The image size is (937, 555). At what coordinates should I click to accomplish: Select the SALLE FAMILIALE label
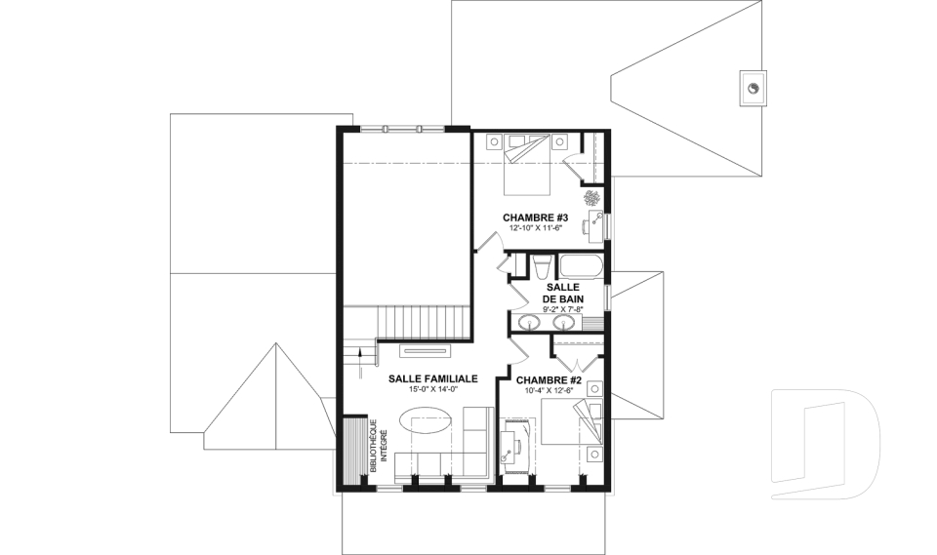[432, 378]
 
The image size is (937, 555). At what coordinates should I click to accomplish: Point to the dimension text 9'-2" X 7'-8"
[563, 309]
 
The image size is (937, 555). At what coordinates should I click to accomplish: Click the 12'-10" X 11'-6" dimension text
[536, 228]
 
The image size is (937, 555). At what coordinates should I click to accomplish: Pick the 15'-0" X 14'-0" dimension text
[433, 389]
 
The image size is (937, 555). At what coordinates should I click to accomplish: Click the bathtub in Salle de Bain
[581, 266]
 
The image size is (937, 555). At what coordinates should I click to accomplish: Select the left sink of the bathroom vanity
[529, 323]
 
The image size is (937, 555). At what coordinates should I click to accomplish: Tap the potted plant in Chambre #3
[592, 197]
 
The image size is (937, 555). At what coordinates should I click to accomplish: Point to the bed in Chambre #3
[526, 164]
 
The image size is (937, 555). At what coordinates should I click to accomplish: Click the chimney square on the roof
[754, 89]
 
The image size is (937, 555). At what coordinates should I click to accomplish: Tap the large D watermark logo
[826, 444]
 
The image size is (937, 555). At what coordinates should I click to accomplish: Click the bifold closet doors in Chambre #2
[577, 363]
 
